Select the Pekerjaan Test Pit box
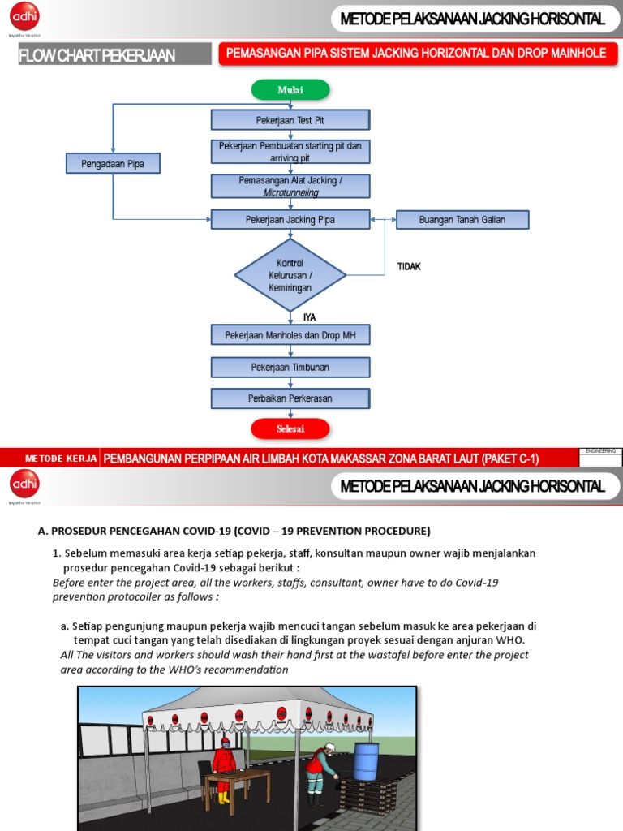(x=290, y=120)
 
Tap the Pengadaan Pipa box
(x=113, y=164)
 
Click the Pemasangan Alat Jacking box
(x=290, y=186)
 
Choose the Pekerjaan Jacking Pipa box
(x=290, y=219)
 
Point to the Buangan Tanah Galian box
(x=462, y=219)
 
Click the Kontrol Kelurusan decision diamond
(x=290, y=275)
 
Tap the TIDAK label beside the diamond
(x=409, y=266)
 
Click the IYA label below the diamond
(x=309, y=317)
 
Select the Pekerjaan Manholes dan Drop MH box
(x=290, y=334)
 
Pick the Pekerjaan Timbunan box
(x=290, y=367)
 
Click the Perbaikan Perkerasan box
(x=290, y=398)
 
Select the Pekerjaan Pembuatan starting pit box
(x=290, y=152)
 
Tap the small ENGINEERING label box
(x=600, y=450)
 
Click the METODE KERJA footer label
(x=61, y=459)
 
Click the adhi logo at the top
(x=25, y=18)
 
